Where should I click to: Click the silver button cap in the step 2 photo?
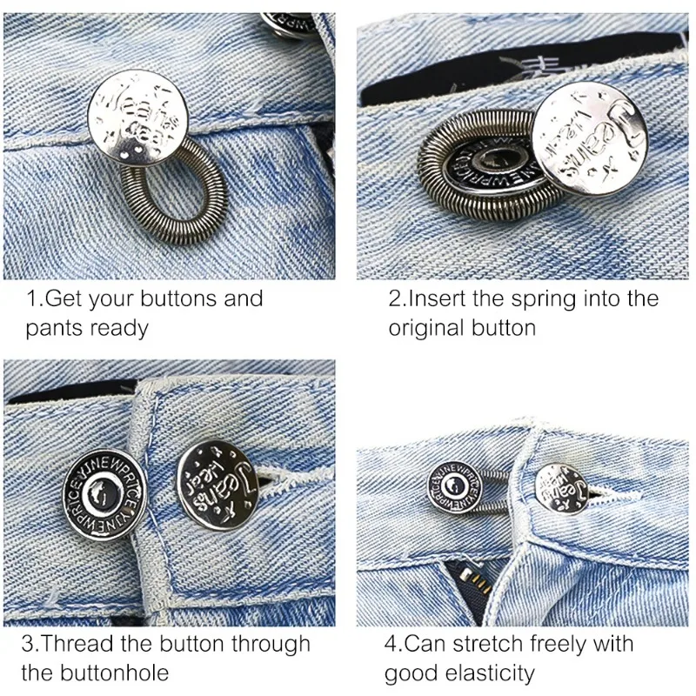[x=581, y=143]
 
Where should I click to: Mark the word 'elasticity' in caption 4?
[x=489, y=673]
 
